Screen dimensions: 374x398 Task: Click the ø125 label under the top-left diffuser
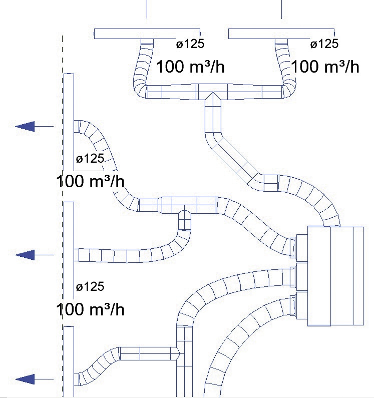coord(190,44)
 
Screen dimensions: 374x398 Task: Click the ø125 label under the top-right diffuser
coord(324,44)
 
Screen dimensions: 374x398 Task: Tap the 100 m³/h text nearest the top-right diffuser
coord(325,67)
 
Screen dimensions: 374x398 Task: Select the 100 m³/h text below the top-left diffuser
coord(190,67)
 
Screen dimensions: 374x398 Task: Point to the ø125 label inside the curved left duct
coord(90,159)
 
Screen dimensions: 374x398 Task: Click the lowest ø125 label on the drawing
coord(90,287)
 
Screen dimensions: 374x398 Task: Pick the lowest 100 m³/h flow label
coord(90,309)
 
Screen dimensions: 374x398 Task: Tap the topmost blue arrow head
coord(25,126)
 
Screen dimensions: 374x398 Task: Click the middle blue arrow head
coord(25,255)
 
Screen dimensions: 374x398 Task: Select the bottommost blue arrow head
coord(25,379)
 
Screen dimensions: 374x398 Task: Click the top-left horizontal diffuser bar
coord(147,34)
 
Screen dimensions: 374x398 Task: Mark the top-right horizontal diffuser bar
coord(281,34)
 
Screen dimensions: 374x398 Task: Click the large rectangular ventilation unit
coord(335,276)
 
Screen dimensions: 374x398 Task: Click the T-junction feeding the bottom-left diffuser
coord(184,353)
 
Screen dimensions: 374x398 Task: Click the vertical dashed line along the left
coord(63,216)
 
